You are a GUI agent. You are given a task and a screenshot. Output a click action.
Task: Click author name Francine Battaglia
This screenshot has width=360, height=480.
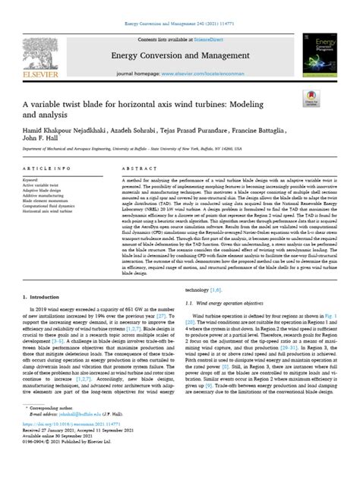coord(273,131)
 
